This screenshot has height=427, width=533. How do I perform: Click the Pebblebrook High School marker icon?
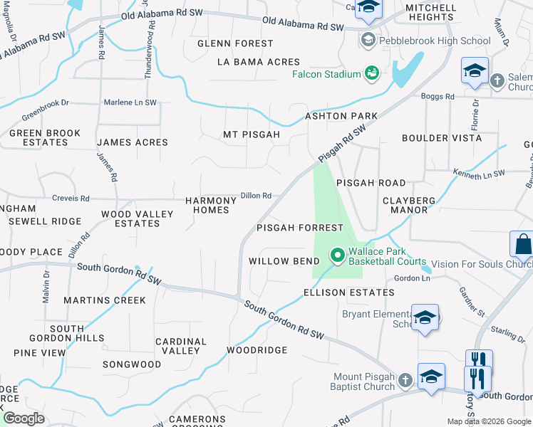tap(368, 40)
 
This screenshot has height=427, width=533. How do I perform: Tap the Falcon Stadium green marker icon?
tap(371, 73)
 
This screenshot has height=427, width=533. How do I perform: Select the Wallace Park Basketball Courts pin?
tap(336, 254)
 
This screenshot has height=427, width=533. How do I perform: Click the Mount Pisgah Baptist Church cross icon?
tap(405, 381)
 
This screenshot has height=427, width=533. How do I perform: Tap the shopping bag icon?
tap(523, 244)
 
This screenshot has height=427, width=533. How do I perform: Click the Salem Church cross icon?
tap(497, 80)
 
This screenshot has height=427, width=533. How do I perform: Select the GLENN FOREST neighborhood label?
tap(235, 43)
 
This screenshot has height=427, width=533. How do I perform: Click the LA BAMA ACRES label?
tap(259, 62)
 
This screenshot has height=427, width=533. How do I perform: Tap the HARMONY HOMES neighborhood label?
tap(212, 205)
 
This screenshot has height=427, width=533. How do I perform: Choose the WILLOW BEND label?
tap(284, 261)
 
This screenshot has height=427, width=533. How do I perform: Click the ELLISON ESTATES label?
tap(348, 292)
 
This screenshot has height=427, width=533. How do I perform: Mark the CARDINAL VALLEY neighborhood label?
tap(181, 346)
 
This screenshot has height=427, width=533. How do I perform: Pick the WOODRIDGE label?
tap(257, 350)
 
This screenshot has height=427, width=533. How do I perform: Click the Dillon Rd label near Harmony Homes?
tap(256, 196)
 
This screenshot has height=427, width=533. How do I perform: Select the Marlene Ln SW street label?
tap(130, 102)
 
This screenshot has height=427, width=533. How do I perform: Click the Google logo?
tap(24, 418)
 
